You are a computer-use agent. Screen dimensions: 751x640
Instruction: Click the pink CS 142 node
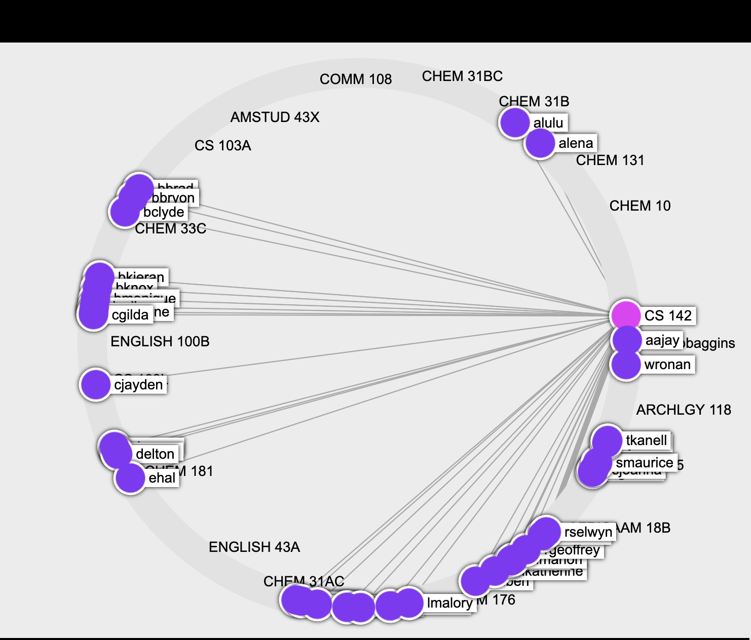[626, 315]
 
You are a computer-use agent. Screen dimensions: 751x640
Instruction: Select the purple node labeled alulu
[514, 123]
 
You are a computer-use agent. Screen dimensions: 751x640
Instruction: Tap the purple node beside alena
[540, 143]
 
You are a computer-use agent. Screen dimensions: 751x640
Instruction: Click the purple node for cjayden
[95, 384]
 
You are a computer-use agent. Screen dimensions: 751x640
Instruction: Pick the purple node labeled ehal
[130, 478]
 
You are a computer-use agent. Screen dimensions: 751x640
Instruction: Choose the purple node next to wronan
[626, 365]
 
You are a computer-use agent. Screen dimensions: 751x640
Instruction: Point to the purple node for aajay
[627, 340]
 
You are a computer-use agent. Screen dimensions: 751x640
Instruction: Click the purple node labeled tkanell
[607, 440]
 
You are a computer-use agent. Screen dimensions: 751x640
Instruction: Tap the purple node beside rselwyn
[545, 532]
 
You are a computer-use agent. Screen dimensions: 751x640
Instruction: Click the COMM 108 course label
[356, 79]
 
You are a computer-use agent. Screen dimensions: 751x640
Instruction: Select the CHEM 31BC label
[462, 76]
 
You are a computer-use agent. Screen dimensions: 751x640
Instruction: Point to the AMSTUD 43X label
[275, 117]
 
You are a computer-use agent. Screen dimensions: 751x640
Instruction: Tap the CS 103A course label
[223, 146]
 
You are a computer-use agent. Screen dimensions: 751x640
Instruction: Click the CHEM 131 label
[610, 161]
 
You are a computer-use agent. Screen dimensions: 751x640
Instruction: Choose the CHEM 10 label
[640, 206]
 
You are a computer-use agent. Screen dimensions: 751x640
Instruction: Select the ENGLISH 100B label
[160, 342]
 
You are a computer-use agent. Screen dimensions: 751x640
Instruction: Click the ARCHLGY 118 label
[684, 410]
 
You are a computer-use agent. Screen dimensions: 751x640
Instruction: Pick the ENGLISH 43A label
[254, 547]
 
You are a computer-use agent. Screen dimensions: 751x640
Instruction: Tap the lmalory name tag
[449, 603]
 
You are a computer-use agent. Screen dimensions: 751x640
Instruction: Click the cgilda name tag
[130, 315]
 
